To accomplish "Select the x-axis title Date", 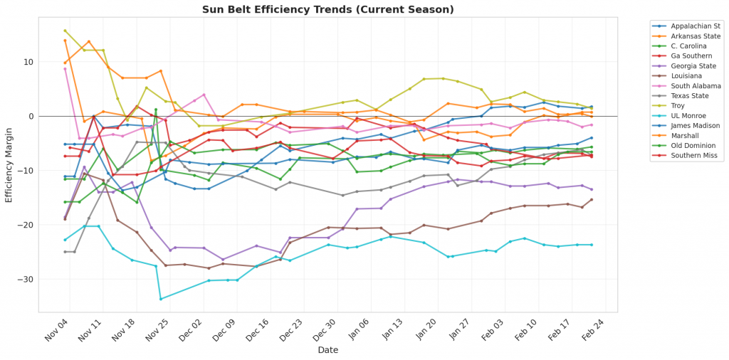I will [328, 350].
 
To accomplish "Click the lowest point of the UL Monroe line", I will [161, 298].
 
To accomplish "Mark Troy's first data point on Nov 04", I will [65, 31].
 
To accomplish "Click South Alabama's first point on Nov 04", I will [65, 68].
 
